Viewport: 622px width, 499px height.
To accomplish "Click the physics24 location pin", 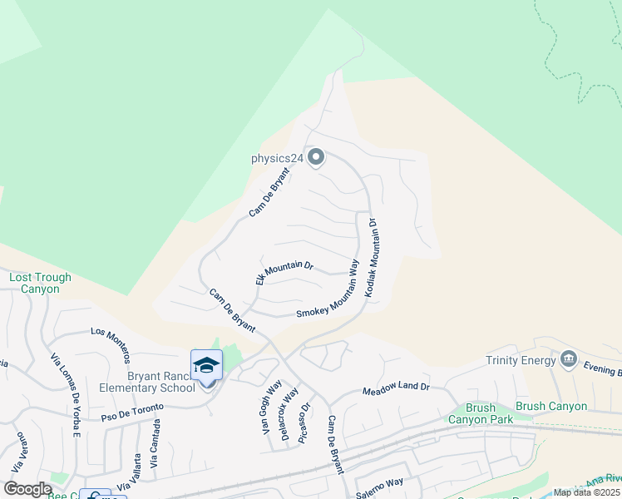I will click(x=316, y=156).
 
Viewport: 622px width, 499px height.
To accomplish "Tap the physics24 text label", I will click(x=277, y=157).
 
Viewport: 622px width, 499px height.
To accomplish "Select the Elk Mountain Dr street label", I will click(x=284, y=272).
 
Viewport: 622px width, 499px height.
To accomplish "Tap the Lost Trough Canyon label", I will click(x=40, y=284).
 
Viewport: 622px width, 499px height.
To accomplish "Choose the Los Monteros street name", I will click(x=111, y=343).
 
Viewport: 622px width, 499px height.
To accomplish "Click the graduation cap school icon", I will click(x=206, y=366).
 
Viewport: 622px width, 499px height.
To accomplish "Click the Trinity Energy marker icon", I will click(x=569, y=358).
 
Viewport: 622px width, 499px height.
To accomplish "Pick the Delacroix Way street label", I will click(x=289, y=414).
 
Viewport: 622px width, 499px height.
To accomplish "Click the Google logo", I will click(x=27, y=490).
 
